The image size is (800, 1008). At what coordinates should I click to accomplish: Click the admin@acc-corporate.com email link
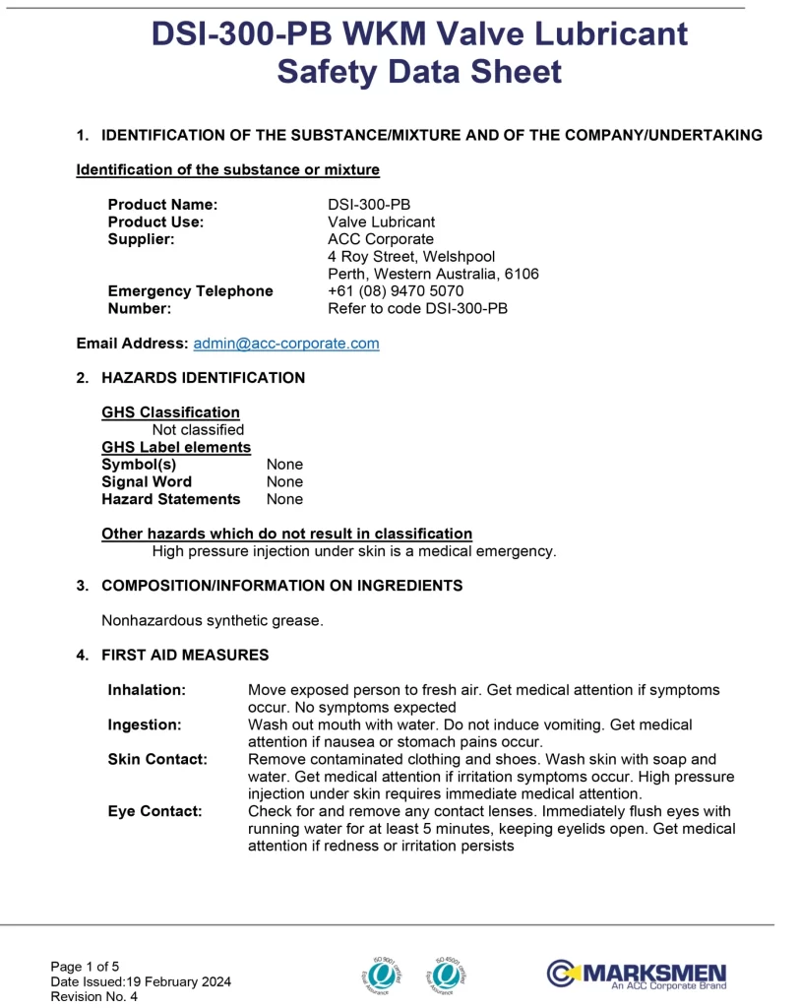[x=285, y=344]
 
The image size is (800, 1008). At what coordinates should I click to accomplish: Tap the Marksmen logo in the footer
[x=637, y=975]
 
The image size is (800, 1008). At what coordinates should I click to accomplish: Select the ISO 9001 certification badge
[x=382, y=974]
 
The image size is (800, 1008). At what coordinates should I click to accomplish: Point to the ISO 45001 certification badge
[x=446, y=974]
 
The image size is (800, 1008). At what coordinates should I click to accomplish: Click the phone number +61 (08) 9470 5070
[x=395, y=291]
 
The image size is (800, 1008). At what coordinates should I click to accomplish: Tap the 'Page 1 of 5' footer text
[x=86, y=967]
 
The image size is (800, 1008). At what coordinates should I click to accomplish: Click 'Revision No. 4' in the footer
[x=94, y=996]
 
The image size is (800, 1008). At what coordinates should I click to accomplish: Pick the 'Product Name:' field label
[x=162, y=205]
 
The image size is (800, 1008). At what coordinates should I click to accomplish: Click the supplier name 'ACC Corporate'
[x=380, y=239]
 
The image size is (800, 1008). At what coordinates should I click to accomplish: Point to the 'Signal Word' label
[x=147, y=481]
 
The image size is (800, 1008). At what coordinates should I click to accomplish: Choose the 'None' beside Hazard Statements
[x=284, y=499]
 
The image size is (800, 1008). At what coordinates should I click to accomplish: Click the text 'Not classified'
[x=198, y=429]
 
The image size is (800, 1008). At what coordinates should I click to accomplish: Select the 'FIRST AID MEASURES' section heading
[x=185, y=655]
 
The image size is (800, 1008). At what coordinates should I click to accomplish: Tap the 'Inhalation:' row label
[x=147, y=690]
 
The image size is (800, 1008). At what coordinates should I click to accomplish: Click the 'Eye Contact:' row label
[x=154, y=811]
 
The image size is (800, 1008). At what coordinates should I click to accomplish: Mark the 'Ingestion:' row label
[x=145, y=724]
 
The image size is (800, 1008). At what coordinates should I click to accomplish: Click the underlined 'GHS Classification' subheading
[x=170, y=412]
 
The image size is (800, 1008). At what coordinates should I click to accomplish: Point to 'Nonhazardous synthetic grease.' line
[x=213, y=620]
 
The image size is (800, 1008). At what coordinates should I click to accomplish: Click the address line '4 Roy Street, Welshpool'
[x=411, y=257]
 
